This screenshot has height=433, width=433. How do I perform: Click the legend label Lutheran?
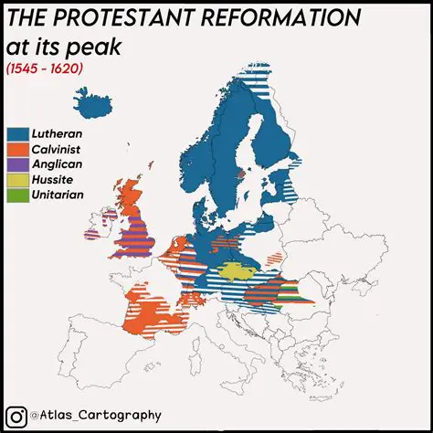click(58, 133)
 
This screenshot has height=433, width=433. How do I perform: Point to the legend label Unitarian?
click(58, 195)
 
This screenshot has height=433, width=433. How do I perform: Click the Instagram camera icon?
click(16, 416)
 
